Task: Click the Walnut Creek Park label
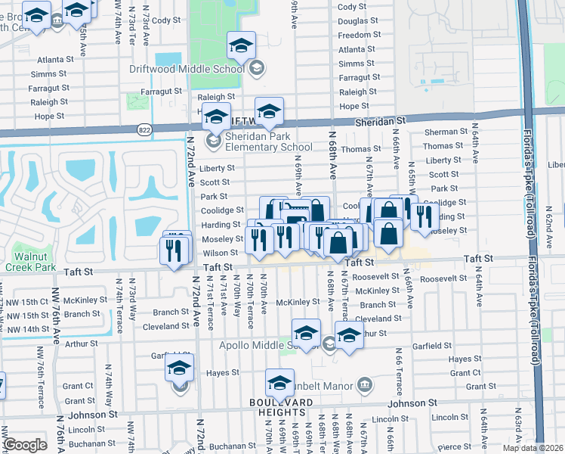[x=30, y=262]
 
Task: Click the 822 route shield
[x=144, y=130]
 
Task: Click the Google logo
[x=25, y=445]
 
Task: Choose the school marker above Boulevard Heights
[x=279, y=382]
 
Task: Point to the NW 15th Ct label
[x=25, y=301]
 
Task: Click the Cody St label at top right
[x=353, y=7]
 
